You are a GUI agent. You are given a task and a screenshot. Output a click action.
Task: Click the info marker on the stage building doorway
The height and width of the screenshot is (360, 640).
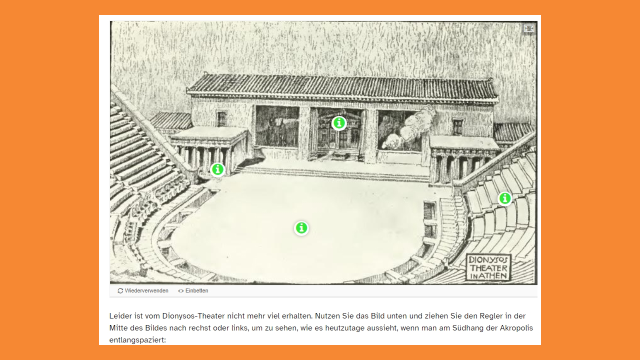coord(339,123)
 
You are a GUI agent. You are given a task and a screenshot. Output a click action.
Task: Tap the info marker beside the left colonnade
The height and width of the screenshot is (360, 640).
coord(217,169)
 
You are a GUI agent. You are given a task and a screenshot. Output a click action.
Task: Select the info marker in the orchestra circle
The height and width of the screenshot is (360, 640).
coord(301,228)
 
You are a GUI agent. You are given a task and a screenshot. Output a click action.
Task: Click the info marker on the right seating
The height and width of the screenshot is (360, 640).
coord(505,198)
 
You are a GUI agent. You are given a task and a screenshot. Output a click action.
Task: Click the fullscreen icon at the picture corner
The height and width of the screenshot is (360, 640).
coord(529,28)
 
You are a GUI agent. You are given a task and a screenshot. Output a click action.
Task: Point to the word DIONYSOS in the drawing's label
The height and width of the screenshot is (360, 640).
coord(488,259)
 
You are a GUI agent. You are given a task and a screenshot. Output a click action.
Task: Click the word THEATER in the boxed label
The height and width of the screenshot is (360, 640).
coord(488,268)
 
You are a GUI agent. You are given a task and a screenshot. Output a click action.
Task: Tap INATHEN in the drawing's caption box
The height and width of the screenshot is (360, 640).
coord(488,276)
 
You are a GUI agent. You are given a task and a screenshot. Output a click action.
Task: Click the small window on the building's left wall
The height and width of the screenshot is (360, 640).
coord(221,118)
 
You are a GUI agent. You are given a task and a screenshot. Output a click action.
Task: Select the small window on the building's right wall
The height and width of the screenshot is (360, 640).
coord(457,127)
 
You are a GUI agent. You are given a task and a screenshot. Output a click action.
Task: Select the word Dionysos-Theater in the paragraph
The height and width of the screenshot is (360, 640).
coord(193,316)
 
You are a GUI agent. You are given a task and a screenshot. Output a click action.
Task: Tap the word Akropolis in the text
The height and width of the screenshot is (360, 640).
coord(516,328)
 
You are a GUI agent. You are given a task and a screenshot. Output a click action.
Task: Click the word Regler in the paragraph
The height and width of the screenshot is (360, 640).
coord(491,316)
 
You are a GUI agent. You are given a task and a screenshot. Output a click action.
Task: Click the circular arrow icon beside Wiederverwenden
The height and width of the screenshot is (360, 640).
coord(120,290)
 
